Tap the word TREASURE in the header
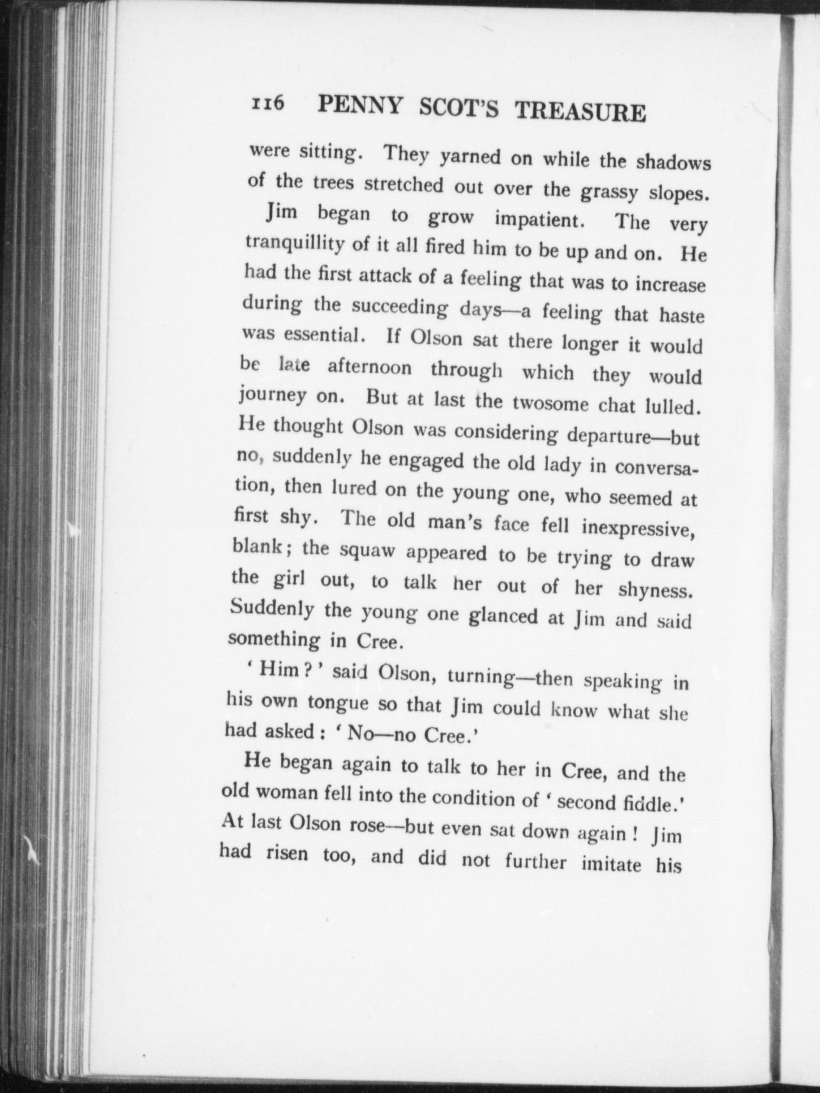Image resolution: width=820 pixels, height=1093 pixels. click(x=580, y=112)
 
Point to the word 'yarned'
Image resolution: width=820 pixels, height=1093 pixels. click(x=470, y=157)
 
